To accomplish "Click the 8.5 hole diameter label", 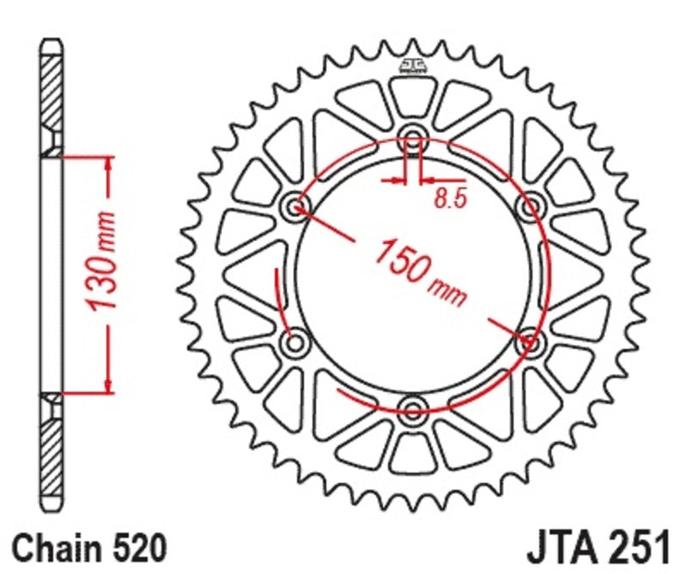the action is coord(451,198).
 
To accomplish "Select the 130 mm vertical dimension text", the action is coord(102,261).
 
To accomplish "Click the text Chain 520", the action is coord(90,547).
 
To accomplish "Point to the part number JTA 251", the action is coord(599,547).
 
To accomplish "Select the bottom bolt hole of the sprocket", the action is coord(413,410).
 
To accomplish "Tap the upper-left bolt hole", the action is coord(295,205).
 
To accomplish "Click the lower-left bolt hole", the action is coord(295,342).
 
